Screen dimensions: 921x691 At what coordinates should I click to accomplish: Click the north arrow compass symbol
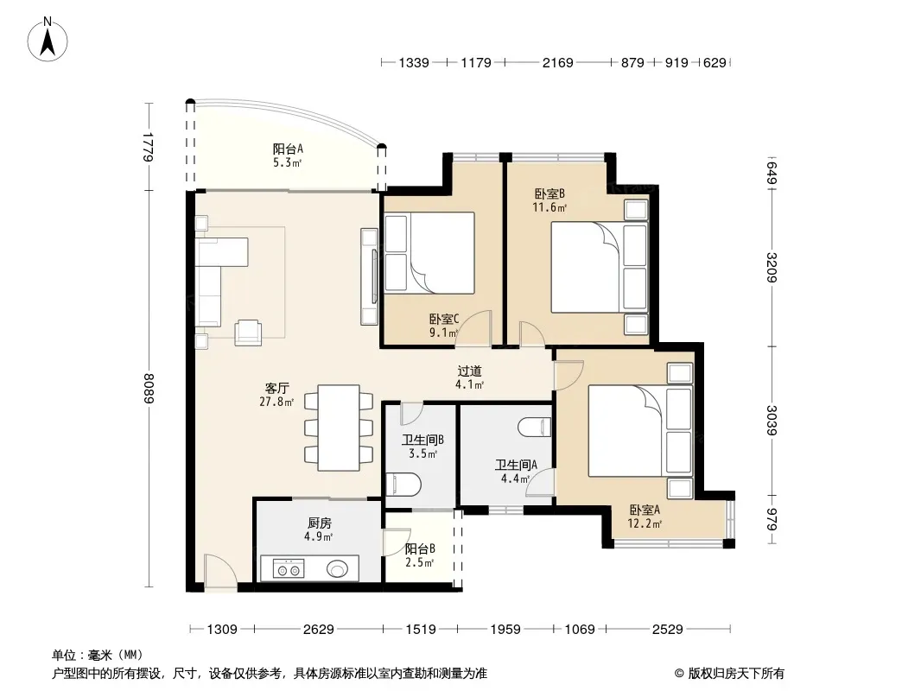48,40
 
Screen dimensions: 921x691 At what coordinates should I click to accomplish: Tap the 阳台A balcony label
288,149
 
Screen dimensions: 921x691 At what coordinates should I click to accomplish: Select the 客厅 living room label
276,388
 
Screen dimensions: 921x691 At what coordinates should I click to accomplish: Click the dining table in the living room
339,428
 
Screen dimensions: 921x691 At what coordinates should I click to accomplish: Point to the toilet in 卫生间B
403,485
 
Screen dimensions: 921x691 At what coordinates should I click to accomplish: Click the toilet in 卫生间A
535,427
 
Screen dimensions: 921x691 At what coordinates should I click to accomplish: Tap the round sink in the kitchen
338,569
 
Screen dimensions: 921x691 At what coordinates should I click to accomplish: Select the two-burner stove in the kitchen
289,569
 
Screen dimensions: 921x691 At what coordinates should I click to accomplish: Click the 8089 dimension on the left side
149,389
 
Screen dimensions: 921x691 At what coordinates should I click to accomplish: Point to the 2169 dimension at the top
557,62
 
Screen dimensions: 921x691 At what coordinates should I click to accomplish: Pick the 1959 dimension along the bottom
505,630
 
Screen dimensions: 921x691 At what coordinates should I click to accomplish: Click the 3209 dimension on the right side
772,268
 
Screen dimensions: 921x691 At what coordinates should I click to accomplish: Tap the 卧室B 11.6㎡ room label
549,200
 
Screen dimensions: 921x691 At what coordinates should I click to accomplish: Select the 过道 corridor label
469,371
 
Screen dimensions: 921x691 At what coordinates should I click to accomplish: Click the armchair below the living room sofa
248,333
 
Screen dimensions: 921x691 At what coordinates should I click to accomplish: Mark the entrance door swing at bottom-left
219,569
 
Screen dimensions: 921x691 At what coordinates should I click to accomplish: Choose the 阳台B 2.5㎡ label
420,555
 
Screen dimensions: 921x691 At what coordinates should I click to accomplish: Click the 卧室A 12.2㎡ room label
645,517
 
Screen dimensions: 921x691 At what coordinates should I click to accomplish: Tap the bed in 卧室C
429,253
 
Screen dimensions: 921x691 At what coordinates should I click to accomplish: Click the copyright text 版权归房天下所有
736,674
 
